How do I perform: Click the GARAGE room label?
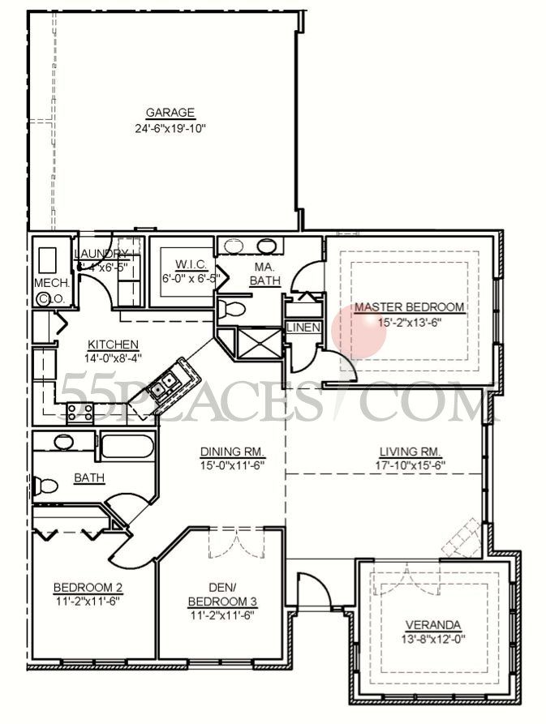pyautogui.click(x=170, y=113)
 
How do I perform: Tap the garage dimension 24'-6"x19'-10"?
pyautogui.click(x=170, y=128)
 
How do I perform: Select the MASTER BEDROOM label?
pyautogui.click(x=410, y=307)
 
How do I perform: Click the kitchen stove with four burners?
pyautogui.click(x=79, y=411)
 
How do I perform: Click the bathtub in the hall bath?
pyautogui.click(x=126, y=447)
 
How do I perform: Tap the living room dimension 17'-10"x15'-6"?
pyautogui.click(x=410, y=465)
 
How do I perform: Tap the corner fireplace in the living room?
pyautogui.click(x=461, y=540)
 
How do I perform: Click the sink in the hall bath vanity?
pyautogui.click(x=62, y=442)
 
